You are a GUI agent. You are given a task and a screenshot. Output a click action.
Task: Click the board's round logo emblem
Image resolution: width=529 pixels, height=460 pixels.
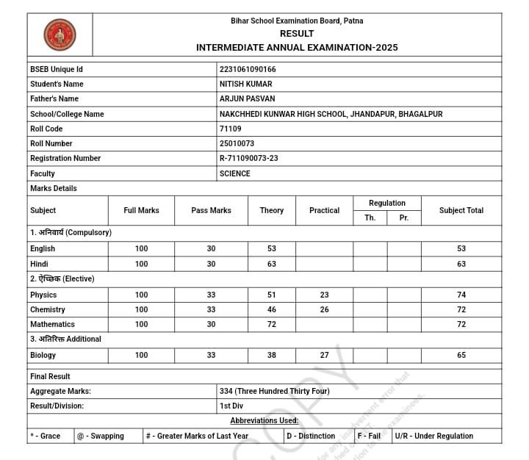click(x=60, y=35)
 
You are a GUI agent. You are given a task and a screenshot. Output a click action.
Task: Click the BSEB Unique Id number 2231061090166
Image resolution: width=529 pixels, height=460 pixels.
click(x=248, y=69)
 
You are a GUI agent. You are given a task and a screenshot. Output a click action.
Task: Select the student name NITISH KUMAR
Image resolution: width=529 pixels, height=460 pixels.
click(x=245, y=84)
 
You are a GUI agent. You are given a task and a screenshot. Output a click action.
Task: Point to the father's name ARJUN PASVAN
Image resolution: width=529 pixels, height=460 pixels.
click(x=246, y=98)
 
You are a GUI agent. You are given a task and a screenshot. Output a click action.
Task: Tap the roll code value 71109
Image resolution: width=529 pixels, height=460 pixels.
click(x=230, y=129)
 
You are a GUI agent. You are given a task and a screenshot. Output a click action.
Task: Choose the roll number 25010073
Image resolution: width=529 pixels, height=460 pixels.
click(x=237, y=143)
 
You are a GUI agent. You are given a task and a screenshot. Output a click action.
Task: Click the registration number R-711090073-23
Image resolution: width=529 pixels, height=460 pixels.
click(x=248, y=158)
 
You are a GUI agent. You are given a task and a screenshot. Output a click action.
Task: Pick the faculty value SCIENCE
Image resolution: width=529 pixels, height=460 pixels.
click(x=234, y=173)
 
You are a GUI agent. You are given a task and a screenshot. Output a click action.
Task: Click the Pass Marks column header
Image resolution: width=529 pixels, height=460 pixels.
click(x=211, y=210)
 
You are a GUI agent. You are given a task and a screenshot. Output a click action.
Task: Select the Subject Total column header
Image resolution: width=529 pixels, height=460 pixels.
click(x=461, y=210)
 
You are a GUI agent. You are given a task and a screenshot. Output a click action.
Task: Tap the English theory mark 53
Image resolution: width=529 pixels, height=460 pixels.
click(x=272, y=248)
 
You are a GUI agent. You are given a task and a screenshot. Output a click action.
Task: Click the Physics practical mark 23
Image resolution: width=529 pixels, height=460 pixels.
click(x=324, y=295)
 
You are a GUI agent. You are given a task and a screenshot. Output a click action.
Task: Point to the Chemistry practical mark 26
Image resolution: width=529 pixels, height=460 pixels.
click(x=324, y=309)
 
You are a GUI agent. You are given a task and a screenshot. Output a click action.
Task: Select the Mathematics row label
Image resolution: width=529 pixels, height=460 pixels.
click(x=52, y=324)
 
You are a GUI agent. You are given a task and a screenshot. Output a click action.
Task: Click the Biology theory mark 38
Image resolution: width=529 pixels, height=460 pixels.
click(x=272, y=355)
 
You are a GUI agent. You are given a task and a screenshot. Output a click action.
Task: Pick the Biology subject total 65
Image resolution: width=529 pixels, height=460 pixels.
click(x=461, y=355)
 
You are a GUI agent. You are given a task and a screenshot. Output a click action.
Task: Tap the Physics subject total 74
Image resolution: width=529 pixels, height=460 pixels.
click(x=461, y=295)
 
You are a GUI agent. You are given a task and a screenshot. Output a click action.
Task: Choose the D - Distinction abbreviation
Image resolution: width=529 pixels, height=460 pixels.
click(x=311, y=436)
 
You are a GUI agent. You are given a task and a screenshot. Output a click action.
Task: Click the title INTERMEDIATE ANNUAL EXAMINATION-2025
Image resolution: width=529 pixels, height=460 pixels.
click(x=297, y=47)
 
